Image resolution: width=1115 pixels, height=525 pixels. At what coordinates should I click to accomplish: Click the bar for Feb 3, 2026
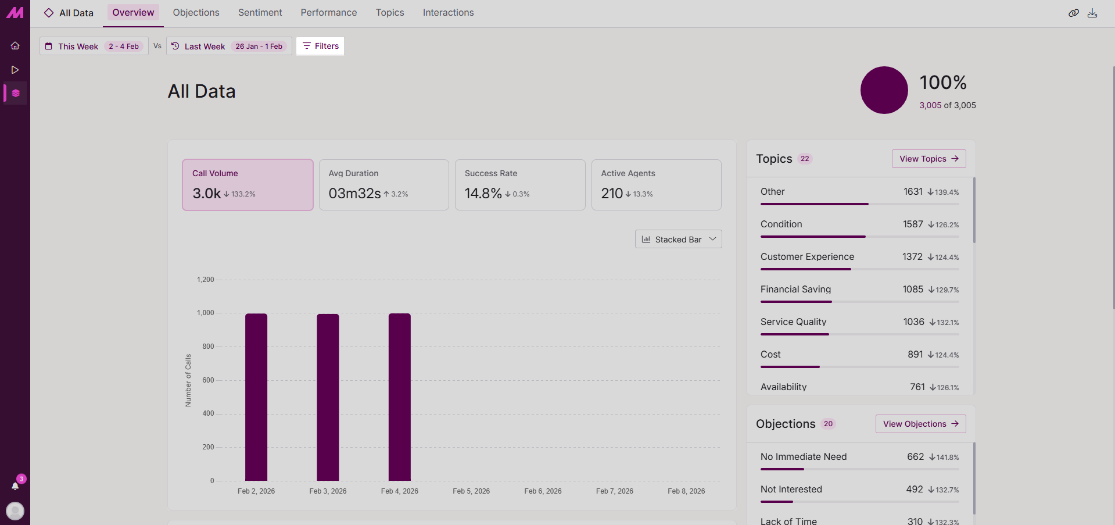328,397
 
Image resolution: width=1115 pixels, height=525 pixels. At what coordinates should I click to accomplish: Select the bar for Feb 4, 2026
400,397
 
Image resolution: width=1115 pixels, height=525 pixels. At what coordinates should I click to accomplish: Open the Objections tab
196,13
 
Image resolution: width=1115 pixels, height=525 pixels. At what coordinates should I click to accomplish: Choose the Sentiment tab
260,13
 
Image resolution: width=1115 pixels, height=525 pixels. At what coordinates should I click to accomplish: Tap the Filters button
320,46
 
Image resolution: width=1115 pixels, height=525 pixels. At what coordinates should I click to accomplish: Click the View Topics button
928,159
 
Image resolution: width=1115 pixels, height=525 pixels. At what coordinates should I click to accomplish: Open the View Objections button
920,424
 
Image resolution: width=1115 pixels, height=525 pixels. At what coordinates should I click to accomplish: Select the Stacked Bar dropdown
678,239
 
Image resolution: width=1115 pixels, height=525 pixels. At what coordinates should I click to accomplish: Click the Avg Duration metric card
383,185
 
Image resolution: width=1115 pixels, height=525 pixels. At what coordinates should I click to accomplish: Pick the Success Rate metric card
519,185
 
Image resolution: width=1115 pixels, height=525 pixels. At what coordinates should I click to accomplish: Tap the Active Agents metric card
656,185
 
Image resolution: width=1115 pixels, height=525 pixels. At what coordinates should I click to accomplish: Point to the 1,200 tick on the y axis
206,280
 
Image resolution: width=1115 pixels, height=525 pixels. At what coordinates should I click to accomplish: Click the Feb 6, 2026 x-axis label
543,491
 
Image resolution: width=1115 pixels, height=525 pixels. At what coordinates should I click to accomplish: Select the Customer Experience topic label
807,257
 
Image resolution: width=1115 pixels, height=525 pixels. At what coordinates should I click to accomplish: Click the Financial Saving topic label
795,290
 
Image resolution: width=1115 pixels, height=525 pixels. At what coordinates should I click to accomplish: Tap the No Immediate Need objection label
804,457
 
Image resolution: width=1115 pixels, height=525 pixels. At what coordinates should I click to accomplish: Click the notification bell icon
15,485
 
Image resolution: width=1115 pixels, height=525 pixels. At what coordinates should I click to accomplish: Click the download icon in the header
1092,13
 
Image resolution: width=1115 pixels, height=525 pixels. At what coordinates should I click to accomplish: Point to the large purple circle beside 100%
884,90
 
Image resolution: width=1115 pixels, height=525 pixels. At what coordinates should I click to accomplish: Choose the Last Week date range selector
229,47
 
